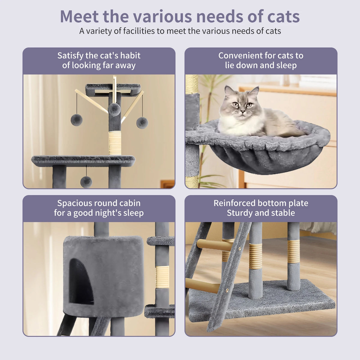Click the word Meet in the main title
[79, 16]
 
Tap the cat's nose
[243, 112]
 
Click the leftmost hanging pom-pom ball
[76, 120]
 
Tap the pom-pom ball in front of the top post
[114, 109]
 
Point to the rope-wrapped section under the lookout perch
[115, 143]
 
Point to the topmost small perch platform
[112, 88]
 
